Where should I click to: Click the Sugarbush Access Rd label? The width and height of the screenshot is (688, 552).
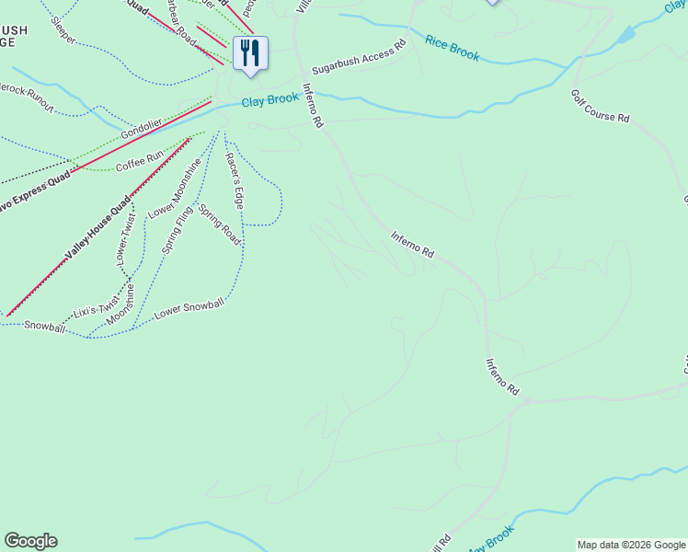[359, 57]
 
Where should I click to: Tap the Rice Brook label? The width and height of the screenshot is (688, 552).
[453, 48]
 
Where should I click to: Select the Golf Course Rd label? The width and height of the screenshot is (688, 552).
[600, 106]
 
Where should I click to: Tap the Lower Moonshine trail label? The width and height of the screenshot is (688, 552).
[175, 189]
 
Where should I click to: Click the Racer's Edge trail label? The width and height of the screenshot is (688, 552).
[235, 179]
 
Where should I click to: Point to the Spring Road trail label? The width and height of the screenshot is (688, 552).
[219, 224]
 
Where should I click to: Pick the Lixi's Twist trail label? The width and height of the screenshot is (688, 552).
[96, 305]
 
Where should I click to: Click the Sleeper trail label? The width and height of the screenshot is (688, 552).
[65, 32]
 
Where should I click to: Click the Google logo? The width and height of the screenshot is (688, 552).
[30, 541]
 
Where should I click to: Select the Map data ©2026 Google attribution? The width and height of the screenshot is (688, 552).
[630, 545]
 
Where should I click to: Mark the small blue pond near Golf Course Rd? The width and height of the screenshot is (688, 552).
[625, 36]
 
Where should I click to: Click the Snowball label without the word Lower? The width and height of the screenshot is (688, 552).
[44, 326]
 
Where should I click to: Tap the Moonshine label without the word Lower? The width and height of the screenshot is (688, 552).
[120, 305]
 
